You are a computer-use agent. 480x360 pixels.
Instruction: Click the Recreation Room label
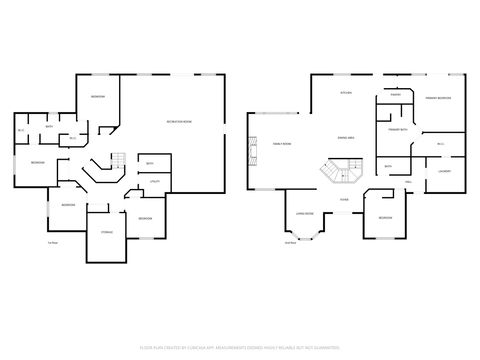pos(179,122)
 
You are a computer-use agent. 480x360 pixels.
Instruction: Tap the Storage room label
pos(106,232)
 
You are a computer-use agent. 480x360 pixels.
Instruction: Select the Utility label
pos(155,181)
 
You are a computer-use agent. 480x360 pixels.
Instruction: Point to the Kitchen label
pos(347,93)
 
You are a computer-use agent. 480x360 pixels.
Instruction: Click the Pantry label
pos(396,93)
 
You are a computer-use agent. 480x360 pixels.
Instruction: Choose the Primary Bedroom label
pos(437,98)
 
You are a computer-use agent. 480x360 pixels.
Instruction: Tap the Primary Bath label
pos(397,128)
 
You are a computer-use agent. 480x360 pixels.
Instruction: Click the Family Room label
pos(281,144)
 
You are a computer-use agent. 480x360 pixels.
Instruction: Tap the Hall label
pos(409,181)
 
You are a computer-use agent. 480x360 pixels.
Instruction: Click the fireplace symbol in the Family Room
pos(251,143)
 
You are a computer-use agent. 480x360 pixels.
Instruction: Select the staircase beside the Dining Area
pos(339,173)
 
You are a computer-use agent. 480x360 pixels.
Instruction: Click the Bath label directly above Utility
pos(149,163)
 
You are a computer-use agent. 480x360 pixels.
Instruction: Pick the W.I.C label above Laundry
pos(441,146)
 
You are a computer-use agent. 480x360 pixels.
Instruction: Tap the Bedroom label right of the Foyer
pos(385,217)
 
